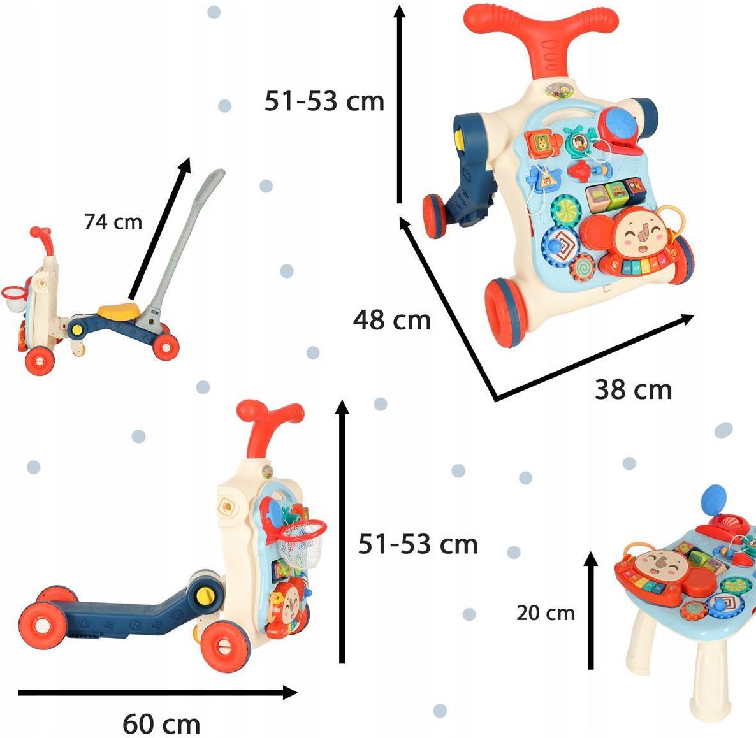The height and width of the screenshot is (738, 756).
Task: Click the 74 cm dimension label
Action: point(113,222)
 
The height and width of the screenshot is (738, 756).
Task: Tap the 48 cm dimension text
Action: point(391,320)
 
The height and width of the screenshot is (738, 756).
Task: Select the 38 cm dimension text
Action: point(633,389)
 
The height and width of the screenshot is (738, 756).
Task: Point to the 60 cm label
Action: point(161,723)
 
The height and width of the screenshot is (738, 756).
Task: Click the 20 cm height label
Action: point(546,613)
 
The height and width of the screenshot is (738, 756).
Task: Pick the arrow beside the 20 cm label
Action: point(591,611)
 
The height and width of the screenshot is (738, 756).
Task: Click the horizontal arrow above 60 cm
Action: point(157,693)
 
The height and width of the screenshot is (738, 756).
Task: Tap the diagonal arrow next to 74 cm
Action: point(160,228)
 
